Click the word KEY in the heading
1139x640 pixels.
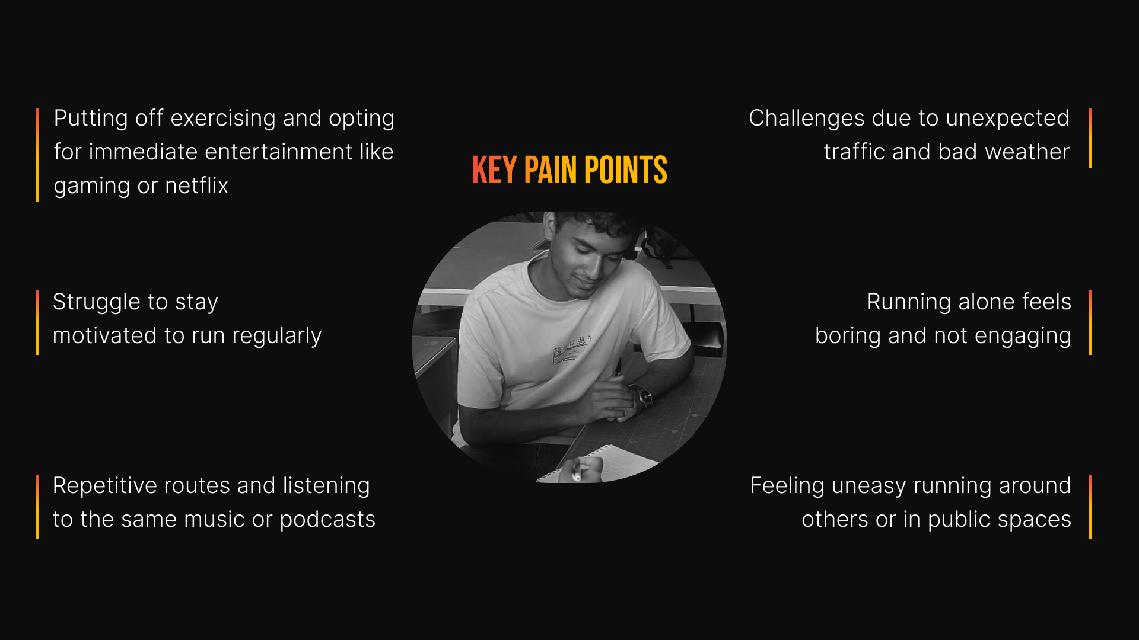click(494, 171)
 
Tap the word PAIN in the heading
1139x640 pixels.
click(550, 171)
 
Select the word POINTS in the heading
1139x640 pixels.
click(625, 171)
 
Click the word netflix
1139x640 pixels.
click(196, 186)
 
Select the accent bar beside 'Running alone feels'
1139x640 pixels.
click(1090, 322)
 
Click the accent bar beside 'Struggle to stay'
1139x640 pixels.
click(37, 322)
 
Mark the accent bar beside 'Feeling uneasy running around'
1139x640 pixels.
click(1090, 507)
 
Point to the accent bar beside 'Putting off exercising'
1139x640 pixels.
click(37, 155)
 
